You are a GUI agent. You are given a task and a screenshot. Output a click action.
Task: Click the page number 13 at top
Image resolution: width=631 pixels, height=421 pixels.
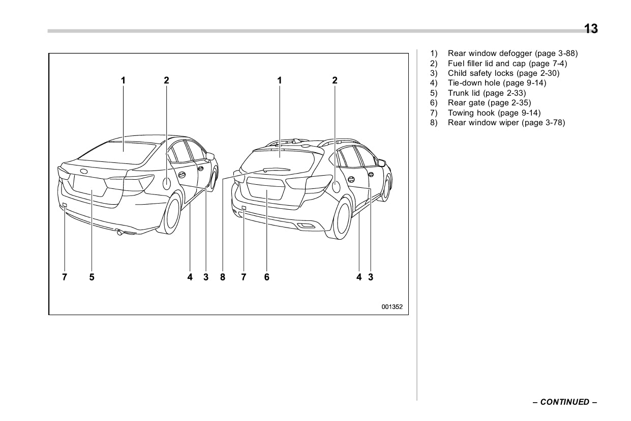[x=590, y=29]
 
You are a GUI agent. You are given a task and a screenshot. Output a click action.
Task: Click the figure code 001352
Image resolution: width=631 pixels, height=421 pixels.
[x=392, y=307]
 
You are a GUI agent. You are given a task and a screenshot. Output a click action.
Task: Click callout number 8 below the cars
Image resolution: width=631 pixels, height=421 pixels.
[x=223, y=277]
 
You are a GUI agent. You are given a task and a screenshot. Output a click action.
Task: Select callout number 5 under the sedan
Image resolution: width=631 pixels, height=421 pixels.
[x=92, y=277]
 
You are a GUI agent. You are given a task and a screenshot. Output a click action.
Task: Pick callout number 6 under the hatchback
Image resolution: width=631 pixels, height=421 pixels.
[x=266, y=277]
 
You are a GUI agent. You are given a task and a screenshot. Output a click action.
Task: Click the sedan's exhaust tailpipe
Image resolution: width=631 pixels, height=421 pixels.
[x=119, y=233]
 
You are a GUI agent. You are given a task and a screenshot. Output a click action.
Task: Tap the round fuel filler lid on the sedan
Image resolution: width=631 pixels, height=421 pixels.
[x=167, y=183]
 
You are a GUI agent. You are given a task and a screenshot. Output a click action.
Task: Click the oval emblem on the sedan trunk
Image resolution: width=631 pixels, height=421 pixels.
[x=83, y=171]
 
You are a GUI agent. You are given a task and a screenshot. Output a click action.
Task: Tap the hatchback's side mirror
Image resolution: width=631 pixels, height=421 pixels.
[x=381, y=162]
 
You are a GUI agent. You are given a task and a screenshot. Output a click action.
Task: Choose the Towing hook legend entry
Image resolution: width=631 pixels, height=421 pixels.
[x=494, y=113]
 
